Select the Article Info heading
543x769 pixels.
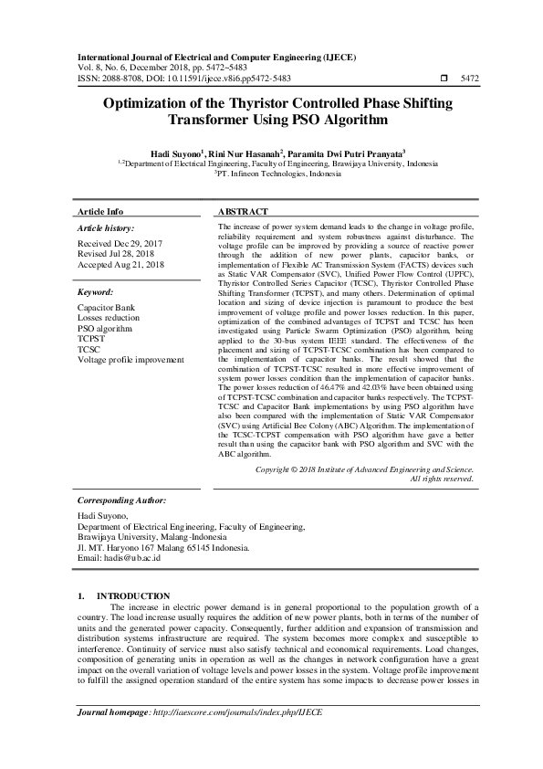coord(100,211)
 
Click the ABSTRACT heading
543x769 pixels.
coord(244,211)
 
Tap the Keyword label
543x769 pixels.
coord(96,293)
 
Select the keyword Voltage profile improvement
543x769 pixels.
coord(131,361)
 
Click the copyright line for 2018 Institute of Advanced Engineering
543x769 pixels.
coord(364,469)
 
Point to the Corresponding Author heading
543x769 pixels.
coord(121,500)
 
